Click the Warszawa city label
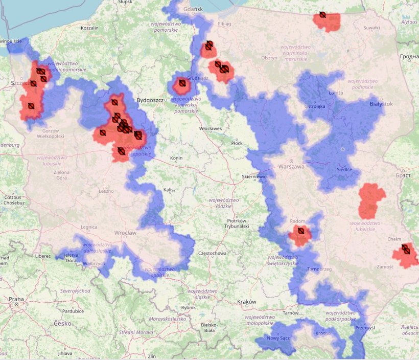tap(291, 167)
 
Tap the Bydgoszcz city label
tap(150, 100)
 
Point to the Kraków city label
tap(246, 302)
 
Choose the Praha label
tap(16, 299)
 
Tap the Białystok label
tap(381, 104)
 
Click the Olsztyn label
tap(269, 58)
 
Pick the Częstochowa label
tap(212, 253)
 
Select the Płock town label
tap(237, 143)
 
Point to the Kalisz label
tap(169, 190)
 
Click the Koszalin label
tap(89, 28)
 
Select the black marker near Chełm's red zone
tap(406, 250)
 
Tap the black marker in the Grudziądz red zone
tap(182, 83)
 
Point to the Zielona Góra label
tap(62, 175)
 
